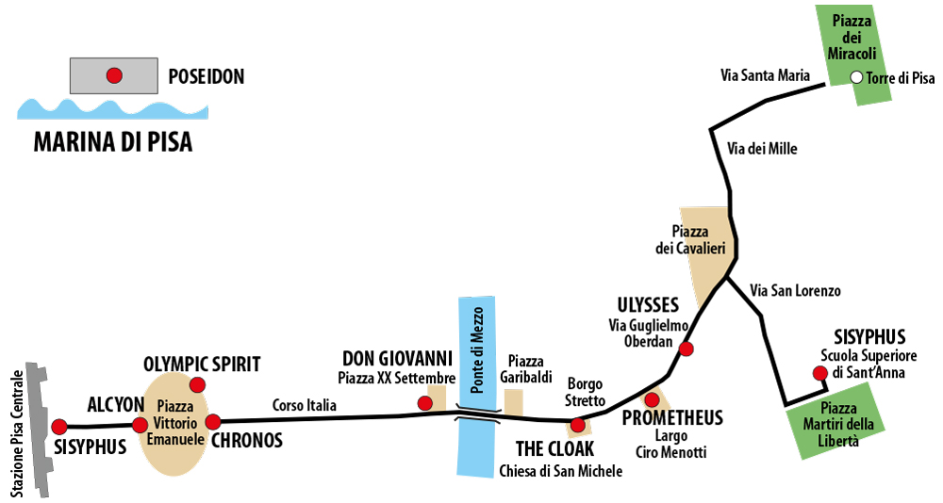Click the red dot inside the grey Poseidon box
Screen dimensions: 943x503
[114, 75]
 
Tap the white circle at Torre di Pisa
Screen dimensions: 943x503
[856, 77]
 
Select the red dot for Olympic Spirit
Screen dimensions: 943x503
[197, 384]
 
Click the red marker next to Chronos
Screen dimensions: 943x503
[213, 422]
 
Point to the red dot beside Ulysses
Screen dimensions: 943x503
[686, 349]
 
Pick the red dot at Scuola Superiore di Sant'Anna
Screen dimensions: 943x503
[819, 373]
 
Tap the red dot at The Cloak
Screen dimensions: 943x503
[577, 426]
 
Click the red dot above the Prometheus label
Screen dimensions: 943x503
[652, 399]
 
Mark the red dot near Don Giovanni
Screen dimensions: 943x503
[425, 402]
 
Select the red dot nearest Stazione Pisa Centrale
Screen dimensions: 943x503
[58, 427]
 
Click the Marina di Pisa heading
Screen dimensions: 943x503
[113, 142]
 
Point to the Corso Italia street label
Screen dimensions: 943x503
[305, 405]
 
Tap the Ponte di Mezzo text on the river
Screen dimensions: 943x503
[477, 350]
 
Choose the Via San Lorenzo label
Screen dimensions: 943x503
[795, 291]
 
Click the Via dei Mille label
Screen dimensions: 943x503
[762, 149]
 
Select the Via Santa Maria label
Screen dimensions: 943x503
[765, 75]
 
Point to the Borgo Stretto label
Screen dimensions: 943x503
[586, 392]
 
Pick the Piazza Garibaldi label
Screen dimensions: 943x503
[525, 369]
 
